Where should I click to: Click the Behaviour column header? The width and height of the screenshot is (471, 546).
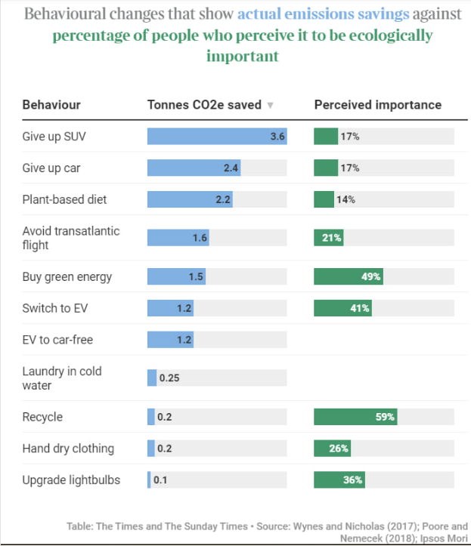click(51, 105)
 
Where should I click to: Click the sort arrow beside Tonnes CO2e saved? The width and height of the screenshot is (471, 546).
click(271, 106)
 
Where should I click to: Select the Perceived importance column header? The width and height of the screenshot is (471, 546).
click(377, 105)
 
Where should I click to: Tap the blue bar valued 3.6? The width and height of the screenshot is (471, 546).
click(216, 137)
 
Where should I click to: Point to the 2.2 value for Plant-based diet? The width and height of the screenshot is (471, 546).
click(222, 199)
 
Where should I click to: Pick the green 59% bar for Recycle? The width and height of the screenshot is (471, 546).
click(355, 417)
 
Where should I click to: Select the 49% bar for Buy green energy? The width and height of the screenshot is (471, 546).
click(348, 276)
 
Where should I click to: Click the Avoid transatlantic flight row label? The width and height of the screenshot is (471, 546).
click(70, 238)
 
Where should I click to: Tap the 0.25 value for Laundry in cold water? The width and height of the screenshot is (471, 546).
click(169, 378)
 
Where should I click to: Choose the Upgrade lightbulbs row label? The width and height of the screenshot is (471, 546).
click(70, 480)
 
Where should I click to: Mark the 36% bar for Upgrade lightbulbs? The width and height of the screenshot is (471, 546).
click(339, 480)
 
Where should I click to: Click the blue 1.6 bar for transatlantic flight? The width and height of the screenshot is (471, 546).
click(178, 238)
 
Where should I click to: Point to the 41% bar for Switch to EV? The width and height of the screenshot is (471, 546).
click(342, 308)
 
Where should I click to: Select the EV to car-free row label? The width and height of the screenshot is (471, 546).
click(57, 340)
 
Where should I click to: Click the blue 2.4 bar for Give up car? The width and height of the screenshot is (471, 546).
click(194, 168)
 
